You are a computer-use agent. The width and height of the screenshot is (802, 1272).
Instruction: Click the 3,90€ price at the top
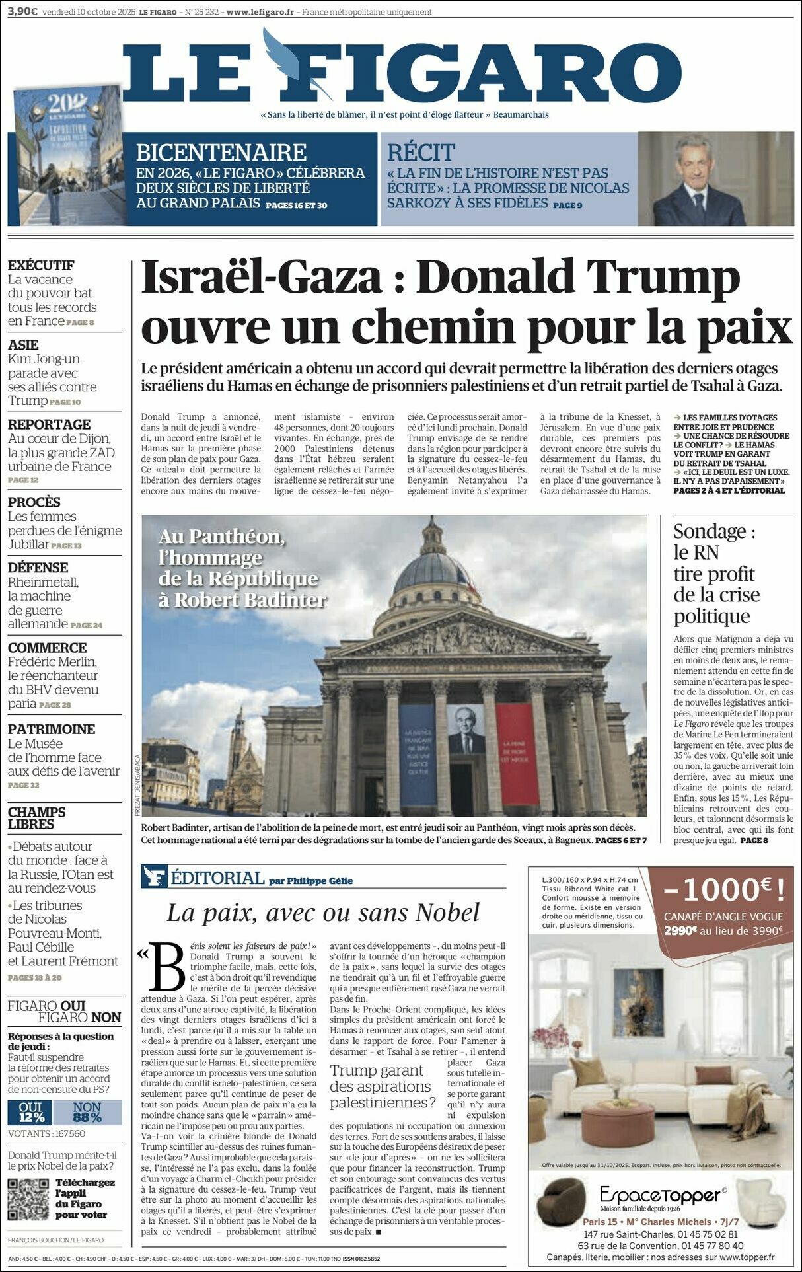(22, 11)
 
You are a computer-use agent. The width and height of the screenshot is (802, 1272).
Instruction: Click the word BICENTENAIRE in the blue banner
(221, 153)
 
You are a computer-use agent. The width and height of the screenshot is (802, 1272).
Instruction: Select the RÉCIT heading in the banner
(421, 153)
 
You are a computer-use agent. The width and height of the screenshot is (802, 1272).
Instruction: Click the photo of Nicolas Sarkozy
(715, 179)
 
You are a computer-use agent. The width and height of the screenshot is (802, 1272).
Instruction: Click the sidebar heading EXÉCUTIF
(41, 265)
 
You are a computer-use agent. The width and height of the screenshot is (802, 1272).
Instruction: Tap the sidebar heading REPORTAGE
(49, 424)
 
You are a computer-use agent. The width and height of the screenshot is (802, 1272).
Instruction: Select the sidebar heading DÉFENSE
(38, 568)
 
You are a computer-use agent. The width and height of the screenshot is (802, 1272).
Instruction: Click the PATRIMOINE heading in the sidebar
(52, 729)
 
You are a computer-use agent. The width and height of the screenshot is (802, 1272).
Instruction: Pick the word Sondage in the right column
(710, 531)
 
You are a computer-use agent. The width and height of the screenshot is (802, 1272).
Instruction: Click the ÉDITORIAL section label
(217, 878)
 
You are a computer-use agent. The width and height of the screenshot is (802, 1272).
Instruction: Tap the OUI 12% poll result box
(30, 1113)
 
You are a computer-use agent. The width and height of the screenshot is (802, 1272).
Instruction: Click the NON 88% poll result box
(87, 1113)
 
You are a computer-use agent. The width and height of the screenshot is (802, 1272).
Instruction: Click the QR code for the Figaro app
(28, 1200)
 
